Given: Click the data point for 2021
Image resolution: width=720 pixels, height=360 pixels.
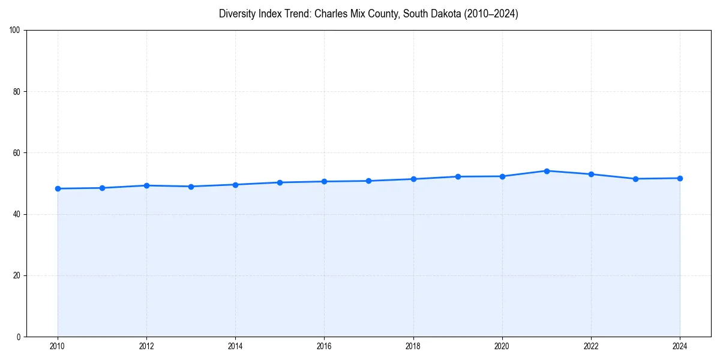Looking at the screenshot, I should pyautogui.click(x=547, y=171).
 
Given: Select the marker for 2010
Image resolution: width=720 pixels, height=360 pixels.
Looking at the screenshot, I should pyautogui.click(x=58, y=188).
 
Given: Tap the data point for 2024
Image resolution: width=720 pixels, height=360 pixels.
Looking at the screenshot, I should pyautogui.click(x=680, y=178).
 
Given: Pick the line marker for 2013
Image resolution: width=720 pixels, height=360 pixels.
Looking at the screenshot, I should pyautogui.click(x=191, y=187).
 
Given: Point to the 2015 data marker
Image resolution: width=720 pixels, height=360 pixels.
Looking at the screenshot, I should pyautogui.click(x=280, y=182).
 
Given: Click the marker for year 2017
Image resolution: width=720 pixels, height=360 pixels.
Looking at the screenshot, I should pyautogui.click(x=368, y=181).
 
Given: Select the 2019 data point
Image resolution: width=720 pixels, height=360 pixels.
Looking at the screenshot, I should pyautogui.click(x=458, y=176).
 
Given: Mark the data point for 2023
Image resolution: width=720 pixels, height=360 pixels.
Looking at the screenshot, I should pyautogui.click(x=635, y=179).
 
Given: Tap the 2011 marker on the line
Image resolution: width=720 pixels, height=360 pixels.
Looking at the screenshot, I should pyautogui.click(x=102, y=188).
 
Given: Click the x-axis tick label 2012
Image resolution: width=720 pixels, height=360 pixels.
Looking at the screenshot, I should pyautogui.click(x=146, y=346).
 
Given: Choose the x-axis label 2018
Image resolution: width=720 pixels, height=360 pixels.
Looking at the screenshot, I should pyautogui.click(x=413, y=346).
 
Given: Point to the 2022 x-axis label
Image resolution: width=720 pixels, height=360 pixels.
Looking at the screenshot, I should pyautogui.click(x=591, y=346).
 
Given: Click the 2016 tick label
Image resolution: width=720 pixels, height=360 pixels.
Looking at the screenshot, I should pyautogui.click(x=324, y=346).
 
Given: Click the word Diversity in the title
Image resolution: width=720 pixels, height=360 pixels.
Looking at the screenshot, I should pyautogui.click(x=236, y=14).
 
